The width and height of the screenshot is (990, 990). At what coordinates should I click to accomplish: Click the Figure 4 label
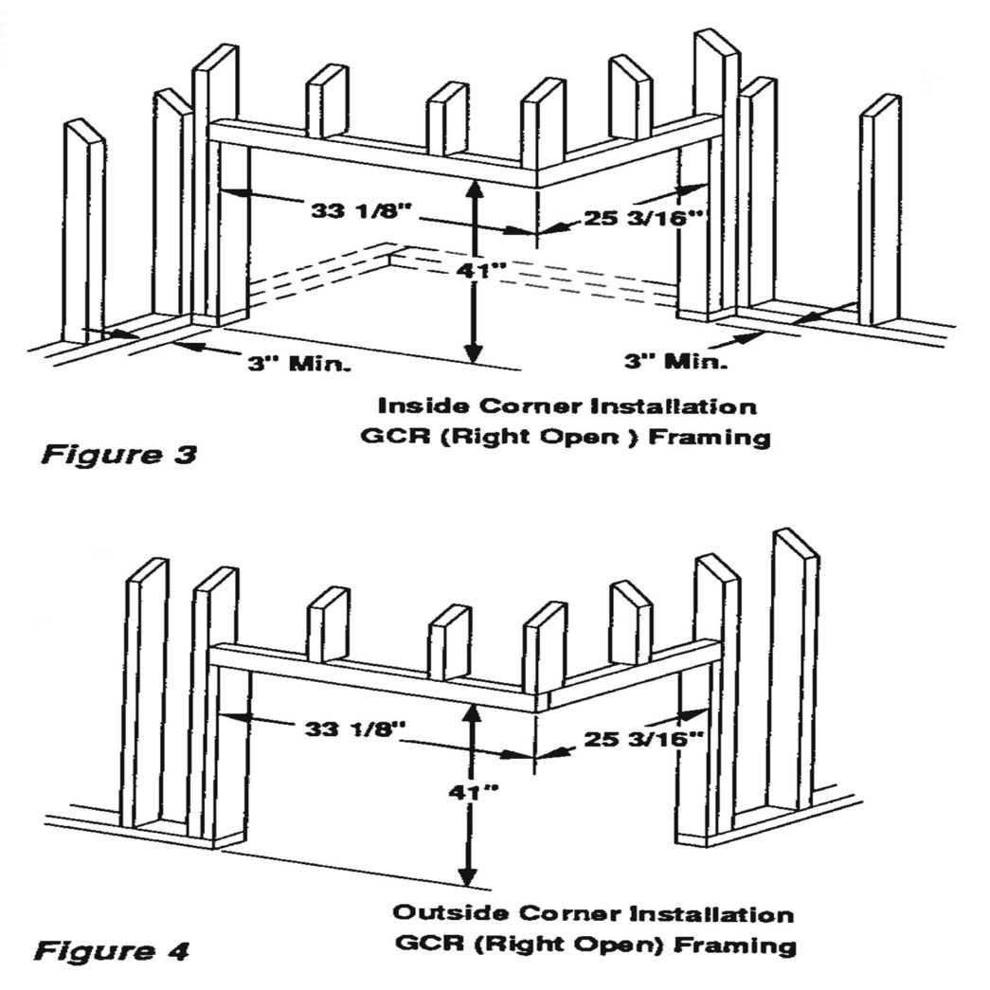[112, 949]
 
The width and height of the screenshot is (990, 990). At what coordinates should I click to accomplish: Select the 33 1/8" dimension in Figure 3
[361, 208]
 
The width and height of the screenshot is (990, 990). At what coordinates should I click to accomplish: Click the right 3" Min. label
[675, 361]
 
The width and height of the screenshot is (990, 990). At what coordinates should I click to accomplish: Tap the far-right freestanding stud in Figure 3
[879, 208]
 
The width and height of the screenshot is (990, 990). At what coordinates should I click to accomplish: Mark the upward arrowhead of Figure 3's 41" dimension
[475, 189]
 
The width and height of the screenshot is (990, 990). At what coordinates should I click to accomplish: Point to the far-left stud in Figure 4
[145, 692]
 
